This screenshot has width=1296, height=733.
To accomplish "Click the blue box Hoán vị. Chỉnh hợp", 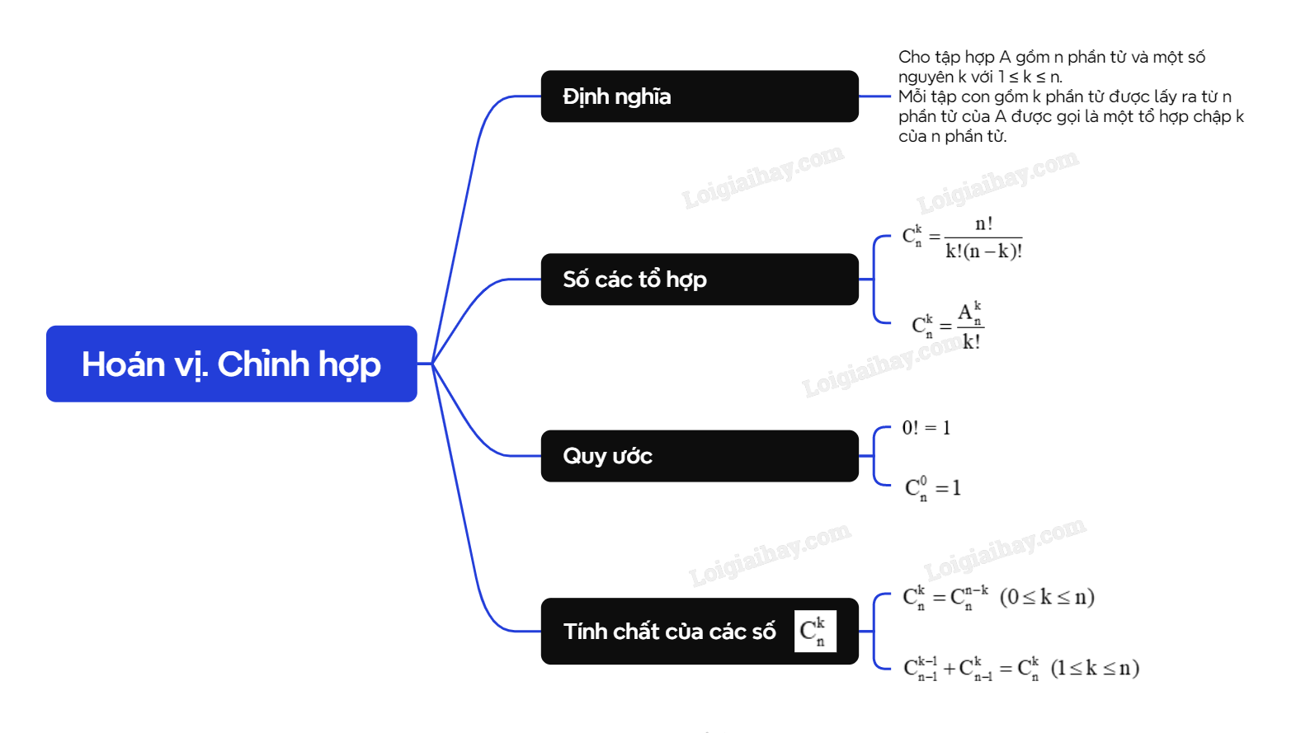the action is pos(232,364).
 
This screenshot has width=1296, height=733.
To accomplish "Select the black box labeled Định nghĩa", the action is pos(700,96).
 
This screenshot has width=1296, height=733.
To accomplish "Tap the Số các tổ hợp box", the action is pos(700,280).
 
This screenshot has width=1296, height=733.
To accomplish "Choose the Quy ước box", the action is pos(700,455).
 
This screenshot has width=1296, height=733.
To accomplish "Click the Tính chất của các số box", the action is pos(700,632).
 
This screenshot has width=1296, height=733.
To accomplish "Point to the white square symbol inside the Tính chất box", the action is pos(815,632).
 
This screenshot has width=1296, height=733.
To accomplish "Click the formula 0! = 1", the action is pos(926,428).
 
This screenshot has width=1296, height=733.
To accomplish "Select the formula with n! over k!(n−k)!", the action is pos(962,237).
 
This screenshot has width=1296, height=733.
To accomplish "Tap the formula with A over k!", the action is pos(948,326).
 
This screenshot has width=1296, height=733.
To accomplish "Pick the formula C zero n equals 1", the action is pos(933,488).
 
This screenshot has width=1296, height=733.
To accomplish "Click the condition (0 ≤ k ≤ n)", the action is pos(1047,597).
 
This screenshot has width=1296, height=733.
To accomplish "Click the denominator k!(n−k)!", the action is pos(983,251).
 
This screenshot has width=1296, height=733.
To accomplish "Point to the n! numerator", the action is pos(983,223).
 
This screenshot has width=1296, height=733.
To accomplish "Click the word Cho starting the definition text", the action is pos(913,57).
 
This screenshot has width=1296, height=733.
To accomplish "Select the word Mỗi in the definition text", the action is pos(912,96).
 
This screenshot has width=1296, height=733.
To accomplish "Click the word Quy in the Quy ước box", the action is pos(584,456).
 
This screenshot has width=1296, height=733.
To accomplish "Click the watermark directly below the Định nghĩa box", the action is pos(763,176).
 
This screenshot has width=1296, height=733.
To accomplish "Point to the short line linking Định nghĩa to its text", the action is pos(874,96).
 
